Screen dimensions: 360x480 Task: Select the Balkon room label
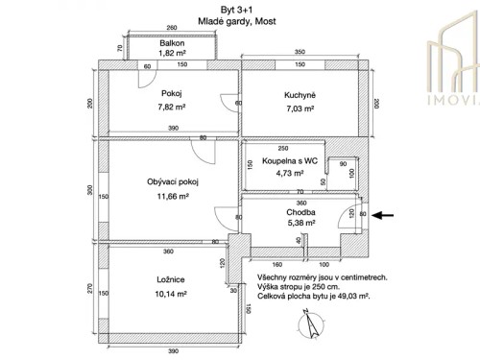tap(173, 44)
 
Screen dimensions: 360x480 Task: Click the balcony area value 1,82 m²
tap(173, 55)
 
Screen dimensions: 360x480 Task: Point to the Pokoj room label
tap(173, 94)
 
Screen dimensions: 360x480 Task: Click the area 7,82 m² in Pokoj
tap(173, 108)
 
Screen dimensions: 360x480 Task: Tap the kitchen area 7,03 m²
tap(300, 108)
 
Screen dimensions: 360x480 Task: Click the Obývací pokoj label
tap(172, 180)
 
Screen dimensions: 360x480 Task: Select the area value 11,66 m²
tap(172, 196)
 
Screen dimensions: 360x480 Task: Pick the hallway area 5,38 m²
tap(300, 225)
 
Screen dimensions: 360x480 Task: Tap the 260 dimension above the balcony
tap(171, 29)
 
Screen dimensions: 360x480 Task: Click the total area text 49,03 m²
tap(348, 299)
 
